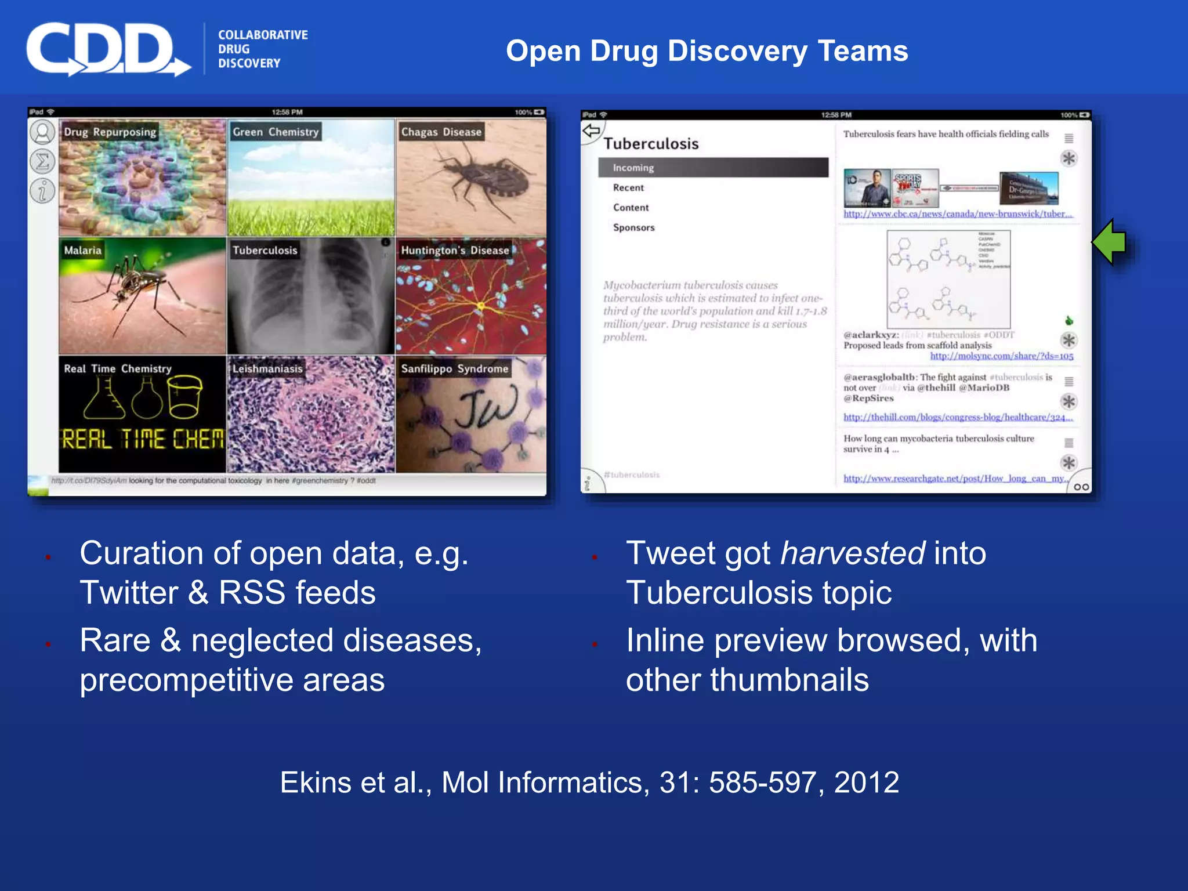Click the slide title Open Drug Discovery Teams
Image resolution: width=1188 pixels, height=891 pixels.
707,51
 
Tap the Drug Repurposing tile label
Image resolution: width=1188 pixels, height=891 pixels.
110,132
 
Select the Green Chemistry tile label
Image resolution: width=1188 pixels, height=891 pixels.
276,132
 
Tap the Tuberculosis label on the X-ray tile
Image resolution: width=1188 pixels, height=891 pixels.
265,250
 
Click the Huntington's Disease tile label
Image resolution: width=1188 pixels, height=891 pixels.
455,250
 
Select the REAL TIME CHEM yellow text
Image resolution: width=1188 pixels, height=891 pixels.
142,439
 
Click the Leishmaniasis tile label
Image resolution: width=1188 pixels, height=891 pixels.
267,368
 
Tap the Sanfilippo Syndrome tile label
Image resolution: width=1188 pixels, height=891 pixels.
454,368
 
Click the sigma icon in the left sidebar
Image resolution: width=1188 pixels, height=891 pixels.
42,161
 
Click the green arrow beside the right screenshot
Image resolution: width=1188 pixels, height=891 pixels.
1109,242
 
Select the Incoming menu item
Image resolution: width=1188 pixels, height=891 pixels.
633,168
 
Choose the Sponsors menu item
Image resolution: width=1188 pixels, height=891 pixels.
633,227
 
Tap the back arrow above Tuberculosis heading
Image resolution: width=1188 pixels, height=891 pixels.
591,131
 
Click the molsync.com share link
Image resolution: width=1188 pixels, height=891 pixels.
1002,356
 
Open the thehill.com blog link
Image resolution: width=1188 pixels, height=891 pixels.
957,417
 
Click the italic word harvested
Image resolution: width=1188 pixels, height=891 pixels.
852,553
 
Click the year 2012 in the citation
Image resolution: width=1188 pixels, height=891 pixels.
866,782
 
